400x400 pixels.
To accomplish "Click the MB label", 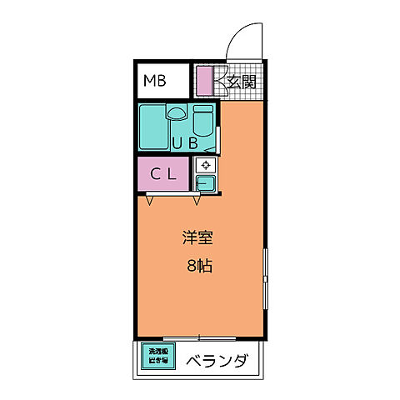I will click(154, 81).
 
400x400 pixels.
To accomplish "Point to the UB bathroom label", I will click(185, 142).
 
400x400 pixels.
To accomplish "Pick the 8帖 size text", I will click(198, 268).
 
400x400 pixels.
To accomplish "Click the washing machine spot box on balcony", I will click(157, 357).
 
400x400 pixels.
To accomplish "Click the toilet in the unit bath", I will click(203, 122).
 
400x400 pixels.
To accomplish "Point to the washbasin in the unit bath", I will click(176, 112).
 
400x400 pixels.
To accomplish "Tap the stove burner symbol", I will click(206, 165).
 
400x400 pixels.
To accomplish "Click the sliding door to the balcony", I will click(200, 337).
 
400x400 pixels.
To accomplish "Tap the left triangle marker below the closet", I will click(148, 199).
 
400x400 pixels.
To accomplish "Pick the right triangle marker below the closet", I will click(197, 199).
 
